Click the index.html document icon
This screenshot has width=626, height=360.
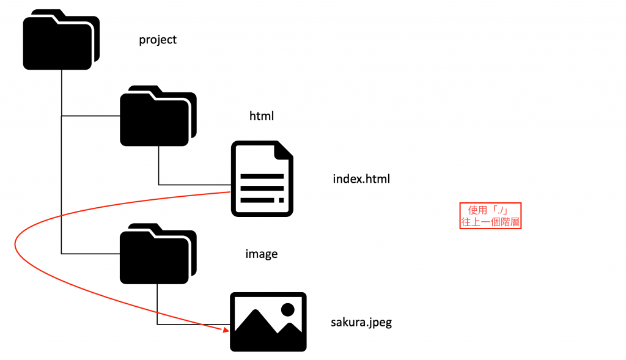pyautogui.click(x=262, y=178)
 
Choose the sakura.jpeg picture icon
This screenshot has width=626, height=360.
pyautogui.click(x=268, y=321)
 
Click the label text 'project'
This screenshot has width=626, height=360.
pyautogui.click(x=158, y=40)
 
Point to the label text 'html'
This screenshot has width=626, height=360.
pyautogui.click(x=261, y=116)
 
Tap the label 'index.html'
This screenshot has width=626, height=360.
pyautogui.click(x=361, y=179)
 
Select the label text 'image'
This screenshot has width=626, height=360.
pyautogui.click(x=261, y=254)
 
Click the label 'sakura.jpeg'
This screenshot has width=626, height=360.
pyautogui.click(x=361, y=322)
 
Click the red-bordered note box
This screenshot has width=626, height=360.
pyautogui.click(x=490, y=216)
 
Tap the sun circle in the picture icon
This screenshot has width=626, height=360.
pyautogui.click(x=288, y=309)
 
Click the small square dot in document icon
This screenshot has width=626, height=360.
pyautogui.click(x=281, y=200)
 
